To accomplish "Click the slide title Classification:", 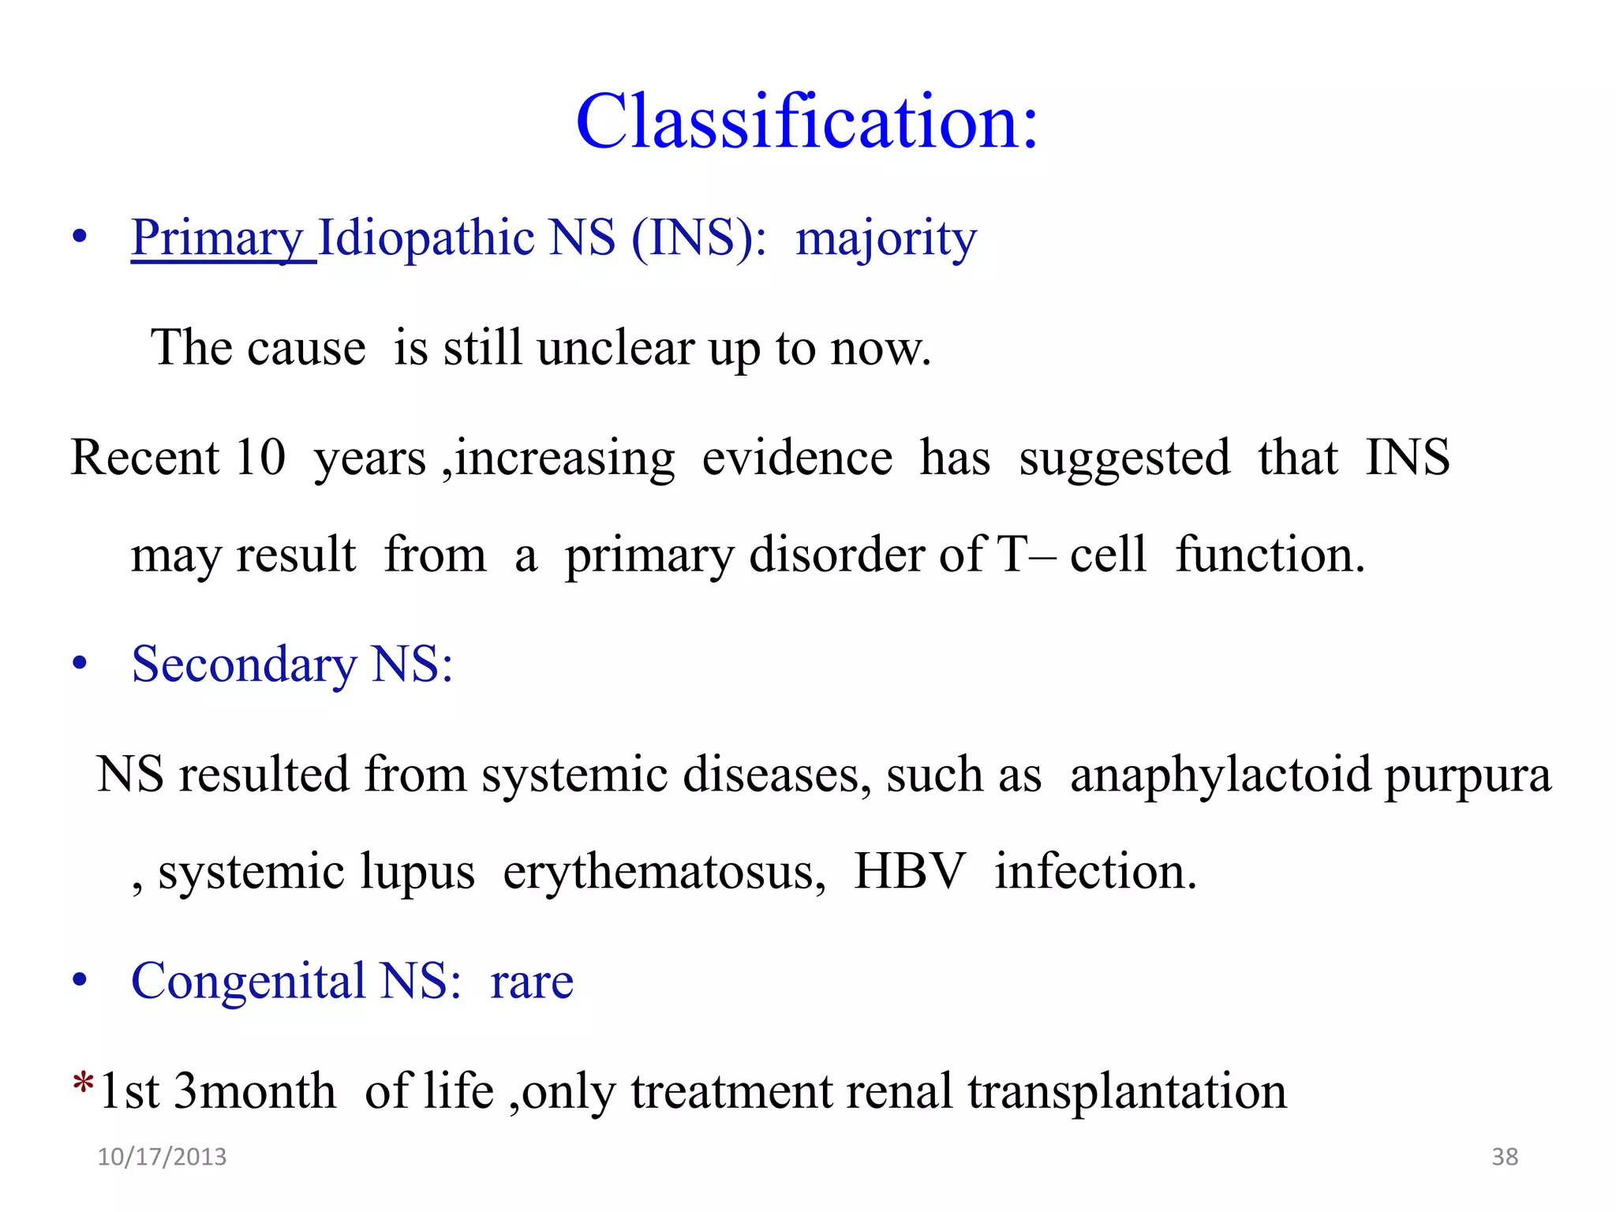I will [806, 122].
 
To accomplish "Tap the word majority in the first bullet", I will [885, 238].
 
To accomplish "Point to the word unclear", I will [615, 348].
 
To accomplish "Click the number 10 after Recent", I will [260, 457].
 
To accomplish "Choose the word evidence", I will [797, 458].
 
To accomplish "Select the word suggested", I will [1124, 458].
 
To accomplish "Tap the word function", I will [1270, 555].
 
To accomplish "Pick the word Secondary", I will [244, 664].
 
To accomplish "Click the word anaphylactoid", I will [1221, 774].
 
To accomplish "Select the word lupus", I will [417, 872].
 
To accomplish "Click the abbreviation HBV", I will [909, 871].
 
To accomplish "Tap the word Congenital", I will [248, 982].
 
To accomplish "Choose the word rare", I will [531, 982].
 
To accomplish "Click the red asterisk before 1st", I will [83, 1083].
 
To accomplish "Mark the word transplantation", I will [1127, 1091].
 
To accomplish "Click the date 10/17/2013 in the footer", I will [162, 1157].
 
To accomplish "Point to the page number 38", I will [1505, 1157].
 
